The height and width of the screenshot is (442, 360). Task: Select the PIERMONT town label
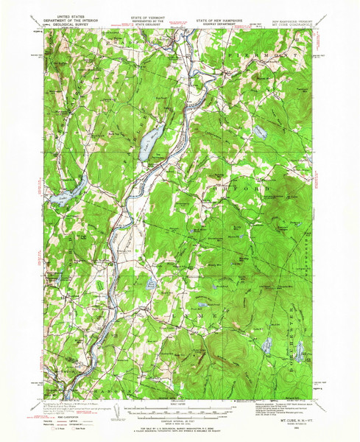click(x=254, y=56)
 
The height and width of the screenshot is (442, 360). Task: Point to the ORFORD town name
click(x=247, y=189)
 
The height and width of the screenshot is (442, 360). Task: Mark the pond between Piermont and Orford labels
click(x=259, y=133)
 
